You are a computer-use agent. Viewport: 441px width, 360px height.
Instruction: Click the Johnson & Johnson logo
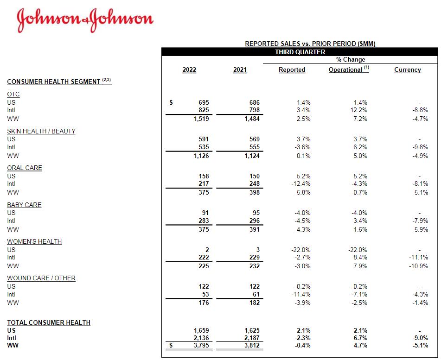click(x=85, y=19)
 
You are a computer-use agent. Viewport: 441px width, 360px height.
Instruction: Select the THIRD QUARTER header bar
click(x=300, y=52)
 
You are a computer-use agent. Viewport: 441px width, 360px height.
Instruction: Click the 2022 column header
click(x=189, y=70)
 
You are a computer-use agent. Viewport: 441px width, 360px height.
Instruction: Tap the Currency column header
click(x=408, y=70)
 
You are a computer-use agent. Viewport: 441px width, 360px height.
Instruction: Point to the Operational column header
click(x=346, y=70)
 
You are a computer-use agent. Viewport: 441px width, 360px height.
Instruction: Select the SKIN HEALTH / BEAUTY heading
click(x=41, y=131)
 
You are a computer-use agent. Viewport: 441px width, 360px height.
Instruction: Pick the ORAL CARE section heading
click(x=25, y=168)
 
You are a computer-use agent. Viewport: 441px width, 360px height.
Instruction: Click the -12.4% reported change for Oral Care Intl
click(x=302, y=184)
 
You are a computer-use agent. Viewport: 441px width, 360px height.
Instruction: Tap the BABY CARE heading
click(x=24, y=205)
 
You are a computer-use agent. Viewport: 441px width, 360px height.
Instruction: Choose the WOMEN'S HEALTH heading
click(x=34, y=241)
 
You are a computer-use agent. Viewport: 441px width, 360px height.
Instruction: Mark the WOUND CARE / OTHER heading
click(x=41, y=278)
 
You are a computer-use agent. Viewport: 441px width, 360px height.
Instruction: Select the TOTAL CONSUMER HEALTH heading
click(x=49, y=322)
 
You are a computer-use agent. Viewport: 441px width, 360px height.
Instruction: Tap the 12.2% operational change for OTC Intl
click(x=359, y=110)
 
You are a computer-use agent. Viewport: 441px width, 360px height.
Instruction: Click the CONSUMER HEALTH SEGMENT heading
click(x=54, y=82)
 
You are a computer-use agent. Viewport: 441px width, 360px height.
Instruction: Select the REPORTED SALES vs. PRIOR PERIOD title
click(x=310, y=44)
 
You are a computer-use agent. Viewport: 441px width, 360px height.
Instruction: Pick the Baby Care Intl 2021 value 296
click(x=253, y=221)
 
